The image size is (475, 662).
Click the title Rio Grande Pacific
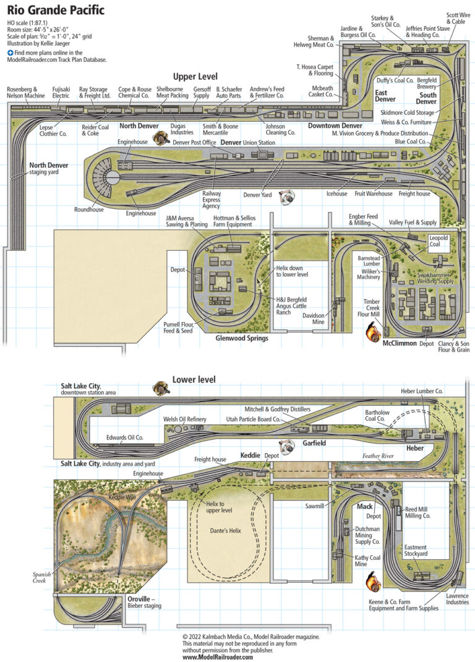(56, 11)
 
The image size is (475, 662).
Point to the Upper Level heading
(195, 76)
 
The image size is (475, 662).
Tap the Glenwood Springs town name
(241, 338)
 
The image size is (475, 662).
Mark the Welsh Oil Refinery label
(184, 419)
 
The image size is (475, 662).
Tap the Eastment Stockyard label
(416, 551)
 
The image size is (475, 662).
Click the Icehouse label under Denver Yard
(337, 193)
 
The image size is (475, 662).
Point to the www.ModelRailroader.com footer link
(218, 657)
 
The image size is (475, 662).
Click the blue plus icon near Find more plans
(11, 53)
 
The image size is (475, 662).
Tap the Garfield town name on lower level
(314, 443)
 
